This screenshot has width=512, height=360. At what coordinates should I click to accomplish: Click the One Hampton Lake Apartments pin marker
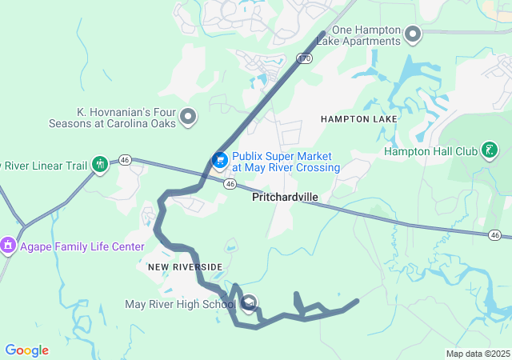[x=413, y=34]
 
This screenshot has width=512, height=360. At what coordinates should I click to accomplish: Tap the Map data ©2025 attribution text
[x=478, y=354]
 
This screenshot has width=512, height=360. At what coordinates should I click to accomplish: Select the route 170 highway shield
[x=303, y=58]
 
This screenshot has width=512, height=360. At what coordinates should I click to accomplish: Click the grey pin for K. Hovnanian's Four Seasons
[x=189, y=118]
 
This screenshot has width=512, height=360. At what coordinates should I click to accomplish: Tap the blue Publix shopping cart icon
[x=218, y=161]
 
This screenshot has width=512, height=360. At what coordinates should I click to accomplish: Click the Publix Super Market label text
[x=285, y=162]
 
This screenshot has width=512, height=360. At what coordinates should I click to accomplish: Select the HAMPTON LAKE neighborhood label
[x=358, y=118]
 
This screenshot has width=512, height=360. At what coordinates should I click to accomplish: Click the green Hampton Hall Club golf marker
[x=490, y=150]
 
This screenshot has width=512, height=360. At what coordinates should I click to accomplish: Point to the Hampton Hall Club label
[x=430, y=150]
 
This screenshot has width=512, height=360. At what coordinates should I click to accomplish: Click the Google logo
[x=27, y=350]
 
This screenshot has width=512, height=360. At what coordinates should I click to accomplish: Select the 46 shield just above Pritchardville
[x=230, y=184]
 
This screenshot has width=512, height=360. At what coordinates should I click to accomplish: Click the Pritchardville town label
[x=285, y=196]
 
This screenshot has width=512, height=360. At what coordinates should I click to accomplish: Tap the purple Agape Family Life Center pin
[x=8, y=244]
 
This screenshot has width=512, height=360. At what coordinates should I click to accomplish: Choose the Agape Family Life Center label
[x=82, y=246]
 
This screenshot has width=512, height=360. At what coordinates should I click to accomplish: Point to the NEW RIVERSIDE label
[x=184, y=266]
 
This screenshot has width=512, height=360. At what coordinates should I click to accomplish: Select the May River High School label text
[x=181, y=304]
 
